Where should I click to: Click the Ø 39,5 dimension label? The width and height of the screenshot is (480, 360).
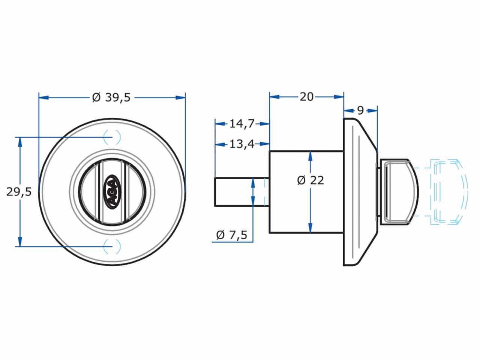[111, 97]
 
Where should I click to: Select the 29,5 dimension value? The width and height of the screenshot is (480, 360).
[19, 192]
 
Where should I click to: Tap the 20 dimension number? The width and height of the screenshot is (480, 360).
[307, 97]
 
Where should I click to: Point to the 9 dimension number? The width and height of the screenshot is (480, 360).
[360, 111]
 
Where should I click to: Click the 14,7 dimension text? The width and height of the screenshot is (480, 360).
[242, 124]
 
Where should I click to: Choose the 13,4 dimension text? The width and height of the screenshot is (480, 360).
[242, 144]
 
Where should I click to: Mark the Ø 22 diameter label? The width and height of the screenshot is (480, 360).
[310, 180]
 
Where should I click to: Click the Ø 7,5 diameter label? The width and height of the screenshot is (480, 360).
[232, 235]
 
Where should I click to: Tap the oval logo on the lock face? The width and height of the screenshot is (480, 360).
[113, 192]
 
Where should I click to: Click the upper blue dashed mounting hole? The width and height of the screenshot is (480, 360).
[112, 137]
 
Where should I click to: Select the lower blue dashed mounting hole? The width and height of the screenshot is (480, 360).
[112, 246]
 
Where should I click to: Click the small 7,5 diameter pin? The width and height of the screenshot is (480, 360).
[242, 192]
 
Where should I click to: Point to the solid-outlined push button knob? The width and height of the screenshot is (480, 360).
[399, 192]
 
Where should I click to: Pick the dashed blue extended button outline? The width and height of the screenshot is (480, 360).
[448, 192]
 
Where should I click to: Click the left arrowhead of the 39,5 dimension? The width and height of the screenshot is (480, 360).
[44, 97]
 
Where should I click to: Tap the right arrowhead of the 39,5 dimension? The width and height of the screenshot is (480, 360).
[180, 97]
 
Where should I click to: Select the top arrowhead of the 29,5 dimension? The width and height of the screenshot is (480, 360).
[20, 142]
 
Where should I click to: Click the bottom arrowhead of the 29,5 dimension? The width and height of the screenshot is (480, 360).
[20, 241]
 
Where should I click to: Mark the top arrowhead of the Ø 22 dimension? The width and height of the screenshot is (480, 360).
[310, 156]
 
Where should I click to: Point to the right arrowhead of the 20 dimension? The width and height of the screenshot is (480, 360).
[339, 97]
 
